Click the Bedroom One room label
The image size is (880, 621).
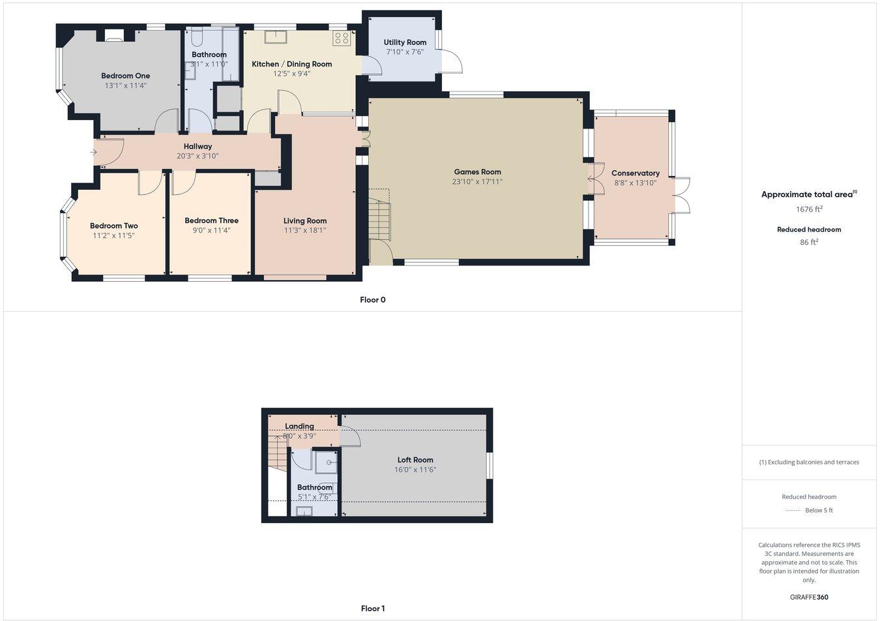point(125,76)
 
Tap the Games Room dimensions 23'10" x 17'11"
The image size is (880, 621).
point(477,182)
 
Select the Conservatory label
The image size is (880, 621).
point(635,173)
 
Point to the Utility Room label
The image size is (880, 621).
point(405,42)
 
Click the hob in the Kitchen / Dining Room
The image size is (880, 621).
point(342,38)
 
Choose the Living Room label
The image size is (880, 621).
point(305,220)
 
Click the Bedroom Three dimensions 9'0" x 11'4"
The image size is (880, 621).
point(211,230)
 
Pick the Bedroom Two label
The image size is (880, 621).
point(113,226)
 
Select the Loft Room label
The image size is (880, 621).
point(415,460)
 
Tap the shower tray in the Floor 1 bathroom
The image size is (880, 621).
point(326,462)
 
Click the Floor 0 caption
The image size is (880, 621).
point(373,300)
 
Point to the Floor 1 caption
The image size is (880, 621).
point(373,609)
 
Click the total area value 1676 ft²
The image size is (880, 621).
point(809,209)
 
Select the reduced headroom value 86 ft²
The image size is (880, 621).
point(809,242)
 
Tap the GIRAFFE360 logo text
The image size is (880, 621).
point(809,597)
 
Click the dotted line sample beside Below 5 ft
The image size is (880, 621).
point(791,511)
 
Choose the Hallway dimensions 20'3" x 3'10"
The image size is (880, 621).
point(198,156)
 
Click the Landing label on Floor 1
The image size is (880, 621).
point(299,426)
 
